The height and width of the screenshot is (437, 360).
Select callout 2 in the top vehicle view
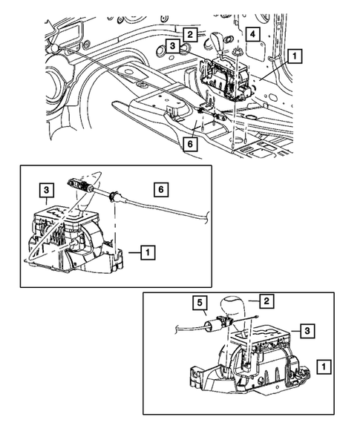pos(190,34)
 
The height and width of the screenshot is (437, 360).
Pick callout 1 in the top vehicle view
pos(295,55)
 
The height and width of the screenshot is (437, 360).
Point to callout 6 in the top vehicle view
pos(191,145)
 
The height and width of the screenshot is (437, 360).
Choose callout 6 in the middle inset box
pos(158,190)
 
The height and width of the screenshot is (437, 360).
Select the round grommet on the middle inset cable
pos(114,197)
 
